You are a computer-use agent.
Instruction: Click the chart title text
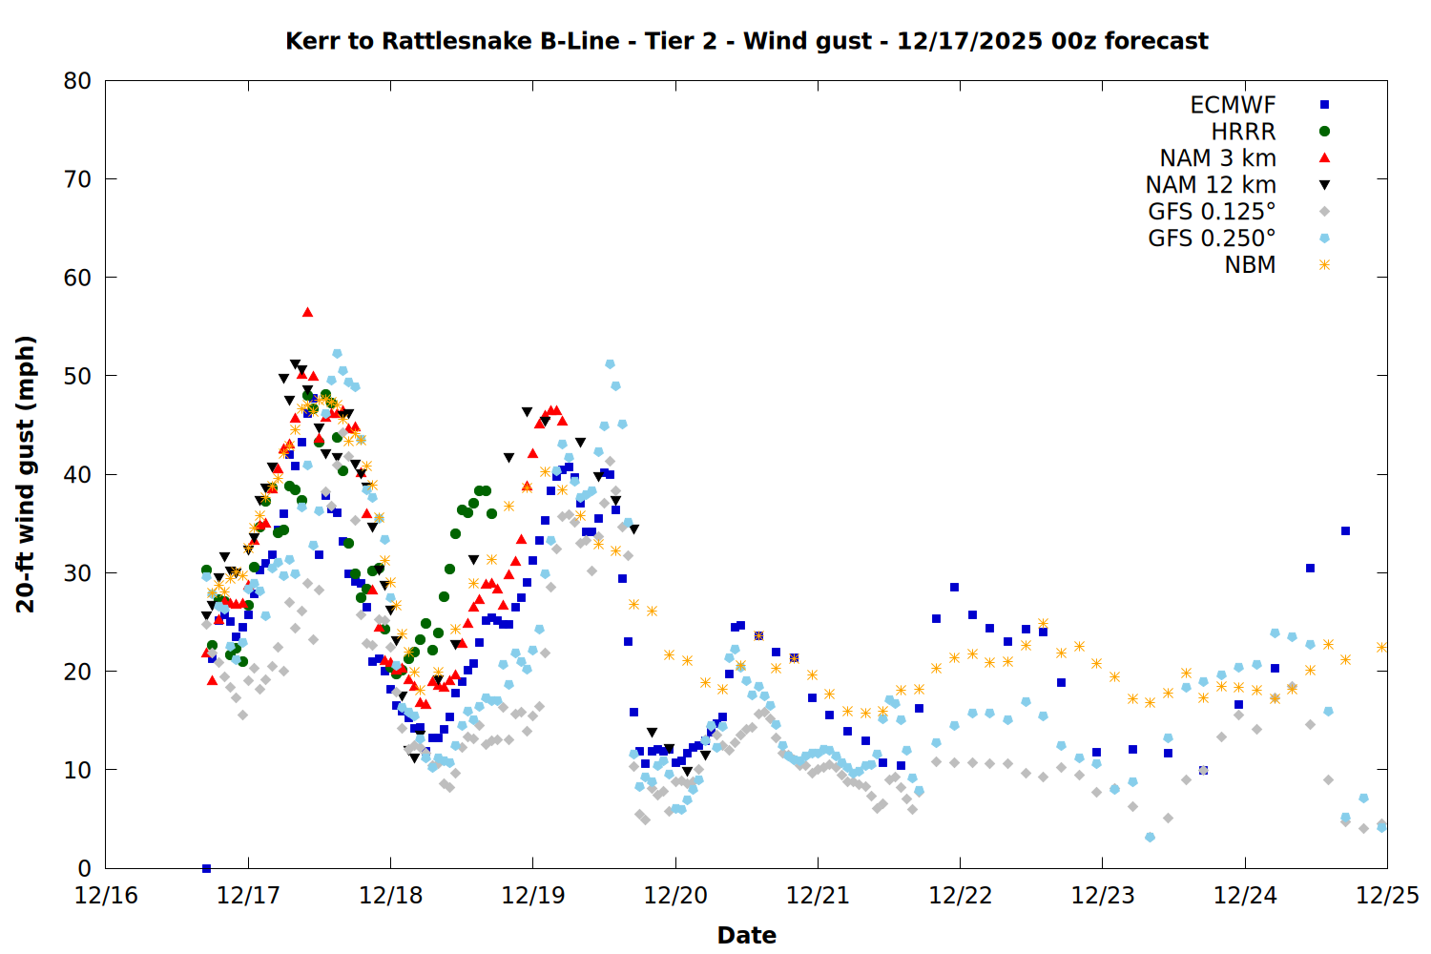pos(746,41)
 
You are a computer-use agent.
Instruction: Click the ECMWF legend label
pos(1233,105)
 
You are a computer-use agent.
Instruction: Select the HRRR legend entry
pos(1243,132)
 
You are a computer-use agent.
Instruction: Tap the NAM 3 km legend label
pos(1217,158)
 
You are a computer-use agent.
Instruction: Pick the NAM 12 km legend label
pos(1211,185)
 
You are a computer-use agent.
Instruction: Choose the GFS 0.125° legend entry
pos(1212,212)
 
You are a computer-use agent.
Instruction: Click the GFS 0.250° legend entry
pos(1212,238)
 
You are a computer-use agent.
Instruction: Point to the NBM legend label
pos(1250,265)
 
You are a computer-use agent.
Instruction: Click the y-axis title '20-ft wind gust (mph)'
pos(26,474)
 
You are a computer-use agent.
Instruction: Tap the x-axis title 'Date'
pos(746,935)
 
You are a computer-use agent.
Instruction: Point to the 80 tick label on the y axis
pos(77,81)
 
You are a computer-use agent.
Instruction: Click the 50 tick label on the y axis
pos(77,376)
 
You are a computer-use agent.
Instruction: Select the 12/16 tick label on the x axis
pos(106,896)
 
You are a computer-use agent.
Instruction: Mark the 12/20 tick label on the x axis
pos(675,896)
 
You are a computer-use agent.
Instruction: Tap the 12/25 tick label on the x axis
pos(1387,896)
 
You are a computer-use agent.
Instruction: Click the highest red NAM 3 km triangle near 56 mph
pos(307,312)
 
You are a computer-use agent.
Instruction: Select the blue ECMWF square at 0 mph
pos(206,868)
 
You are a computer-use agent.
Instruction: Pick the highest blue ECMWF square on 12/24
pos(1345,530)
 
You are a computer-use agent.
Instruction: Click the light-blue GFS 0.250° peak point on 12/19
pos(610,364)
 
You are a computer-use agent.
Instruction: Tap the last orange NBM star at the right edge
pos(1381,647)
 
